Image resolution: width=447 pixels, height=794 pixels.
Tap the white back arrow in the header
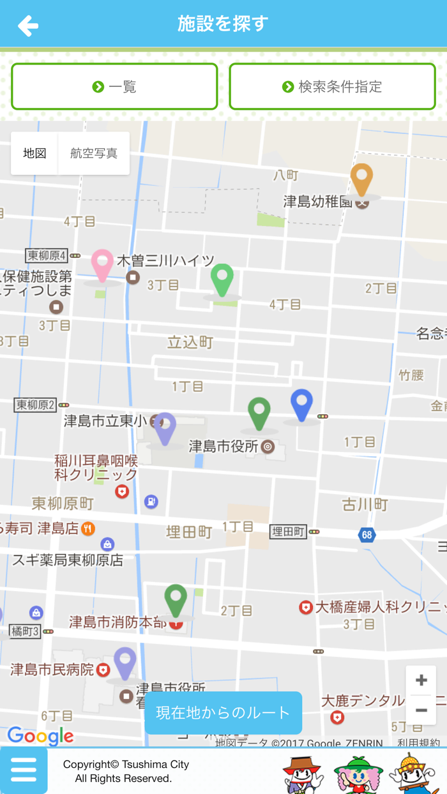coord(28,26)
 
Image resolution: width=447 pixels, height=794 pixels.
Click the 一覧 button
coord(114,87)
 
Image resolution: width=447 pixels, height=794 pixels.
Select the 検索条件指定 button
coord(332,87)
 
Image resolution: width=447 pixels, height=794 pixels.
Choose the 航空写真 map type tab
coord(94,154)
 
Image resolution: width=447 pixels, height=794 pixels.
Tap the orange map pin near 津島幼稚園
coord(361,179)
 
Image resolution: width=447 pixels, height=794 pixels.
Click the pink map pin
coord(102,265)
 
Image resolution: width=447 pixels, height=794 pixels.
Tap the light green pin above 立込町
coord(222,280)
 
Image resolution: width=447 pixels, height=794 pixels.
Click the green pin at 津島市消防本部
coord(176,600)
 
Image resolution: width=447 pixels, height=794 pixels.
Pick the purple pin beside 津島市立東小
coord(165,428)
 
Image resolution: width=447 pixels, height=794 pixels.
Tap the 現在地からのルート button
coord(223,712)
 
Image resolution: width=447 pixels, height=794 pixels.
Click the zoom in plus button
coord(421,681)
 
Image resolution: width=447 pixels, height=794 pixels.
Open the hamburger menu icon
coord(24,770)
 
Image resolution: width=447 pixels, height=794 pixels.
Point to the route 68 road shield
coord(367,535)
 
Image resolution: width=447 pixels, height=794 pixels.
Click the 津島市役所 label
coord(223,446)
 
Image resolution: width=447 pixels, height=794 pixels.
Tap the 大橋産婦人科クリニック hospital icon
coord(306,607)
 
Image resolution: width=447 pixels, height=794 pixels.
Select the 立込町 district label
coord(190,343)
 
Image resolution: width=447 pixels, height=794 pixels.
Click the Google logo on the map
coord(40,736)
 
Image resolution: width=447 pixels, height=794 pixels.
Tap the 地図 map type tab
coord(34,154)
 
